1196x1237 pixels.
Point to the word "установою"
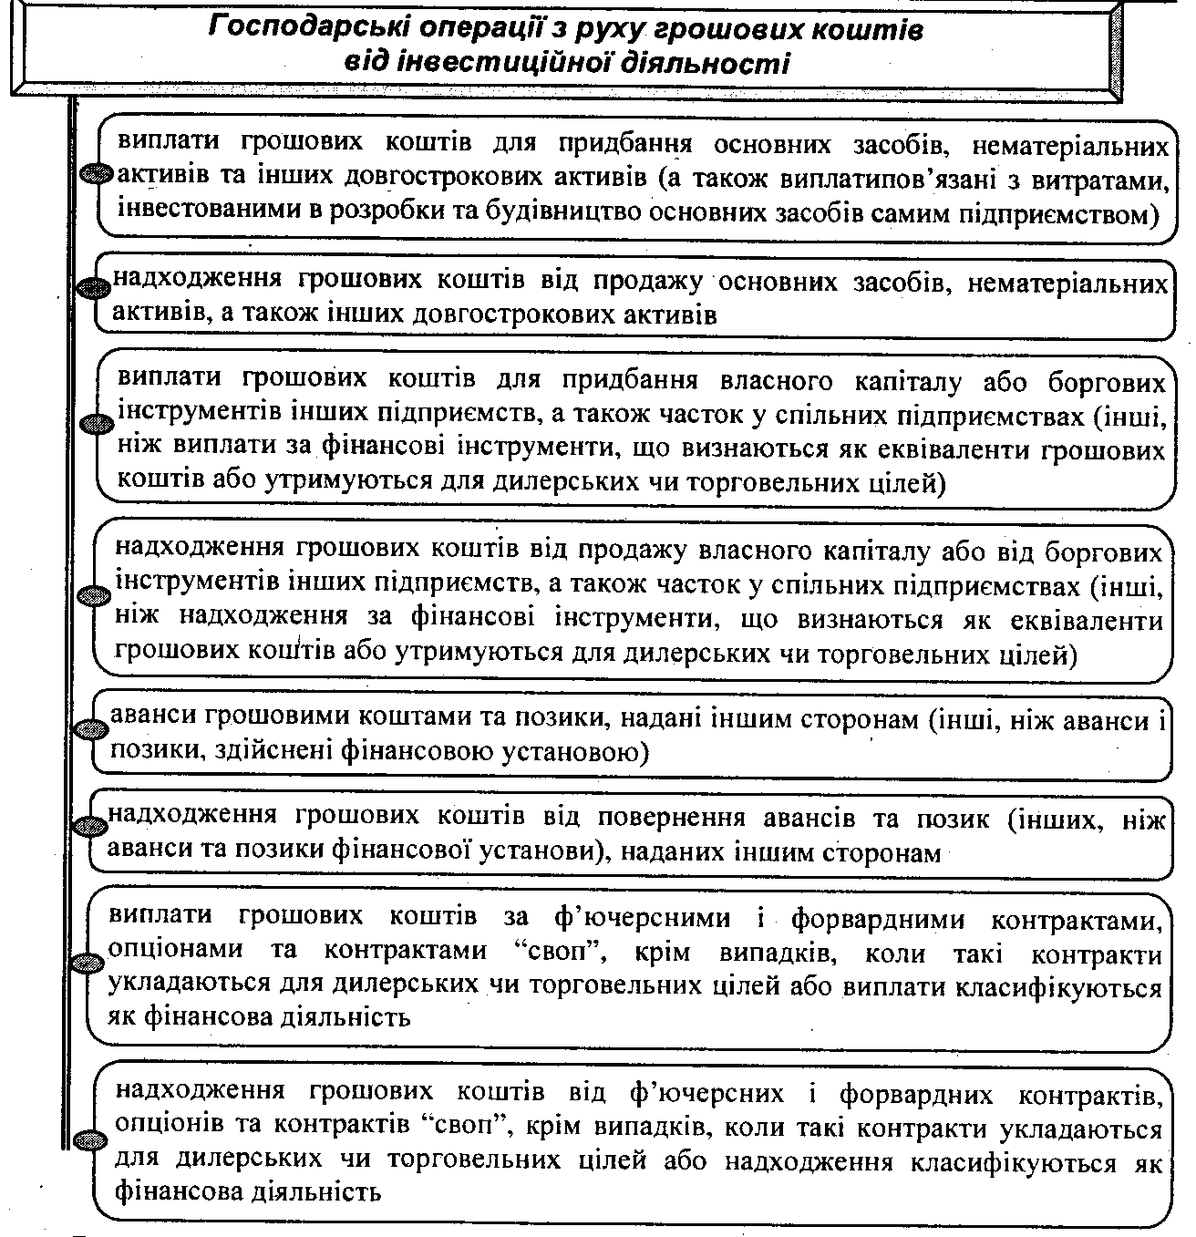click(578, 753)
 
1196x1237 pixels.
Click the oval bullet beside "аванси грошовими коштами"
click(94, 729)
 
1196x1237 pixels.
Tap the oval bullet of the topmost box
click(97, 174)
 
